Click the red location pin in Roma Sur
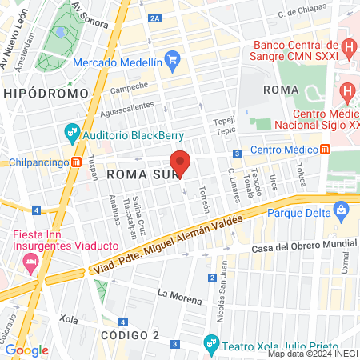(181, 162)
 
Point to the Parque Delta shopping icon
(342, 212)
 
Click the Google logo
(26, 350)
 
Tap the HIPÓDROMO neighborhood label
(45, 94)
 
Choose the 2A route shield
(155, 18)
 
